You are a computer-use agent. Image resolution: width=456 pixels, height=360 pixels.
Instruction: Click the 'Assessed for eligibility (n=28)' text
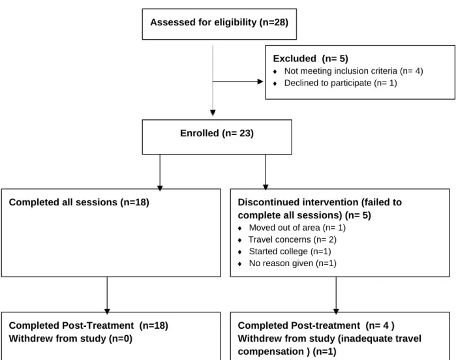(x=219, y=22)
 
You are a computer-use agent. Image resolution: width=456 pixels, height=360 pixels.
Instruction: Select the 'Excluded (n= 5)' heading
(x=311, y=59)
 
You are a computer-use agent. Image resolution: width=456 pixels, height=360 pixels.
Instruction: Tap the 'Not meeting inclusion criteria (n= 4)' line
(x=354, y=71)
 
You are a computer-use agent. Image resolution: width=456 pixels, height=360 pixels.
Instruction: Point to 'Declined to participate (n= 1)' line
(x=341, y=83)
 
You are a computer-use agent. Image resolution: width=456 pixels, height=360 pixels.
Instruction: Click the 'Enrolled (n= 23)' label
(x=217, y=133)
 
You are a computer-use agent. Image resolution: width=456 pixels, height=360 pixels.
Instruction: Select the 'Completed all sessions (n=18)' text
(x=79, y=202)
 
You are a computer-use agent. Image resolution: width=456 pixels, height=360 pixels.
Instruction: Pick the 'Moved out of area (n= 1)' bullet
(x=297, y=228)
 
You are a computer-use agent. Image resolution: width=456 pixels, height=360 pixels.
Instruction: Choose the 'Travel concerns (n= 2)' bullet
(x=292, y=239)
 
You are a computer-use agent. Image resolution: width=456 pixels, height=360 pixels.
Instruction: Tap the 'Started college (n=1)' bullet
(x=290, y=252)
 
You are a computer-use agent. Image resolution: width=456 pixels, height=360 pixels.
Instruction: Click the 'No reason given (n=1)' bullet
(x=292, y=263)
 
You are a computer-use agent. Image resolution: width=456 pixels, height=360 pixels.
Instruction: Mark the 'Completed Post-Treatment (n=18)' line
(x=89, y=325)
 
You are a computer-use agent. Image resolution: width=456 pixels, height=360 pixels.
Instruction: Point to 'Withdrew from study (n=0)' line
(x=70, y=338)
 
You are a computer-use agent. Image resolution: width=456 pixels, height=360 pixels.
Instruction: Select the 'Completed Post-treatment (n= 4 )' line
(x=316, y=325)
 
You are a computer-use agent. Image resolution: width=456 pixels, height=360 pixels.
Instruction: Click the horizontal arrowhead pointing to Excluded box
(x=260, y=82)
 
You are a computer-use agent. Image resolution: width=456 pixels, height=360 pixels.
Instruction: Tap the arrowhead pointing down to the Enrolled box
(x=213, y=113)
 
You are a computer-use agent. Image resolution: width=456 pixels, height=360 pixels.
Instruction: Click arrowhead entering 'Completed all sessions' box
(x=160, y=188)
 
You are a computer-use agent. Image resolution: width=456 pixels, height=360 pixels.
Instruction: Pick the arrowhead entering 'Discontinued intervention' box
(x=266, y=187)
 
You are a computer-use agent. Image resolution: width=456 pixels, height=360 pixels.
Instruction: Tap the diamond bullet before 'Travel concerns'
(x=239, y=240)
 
